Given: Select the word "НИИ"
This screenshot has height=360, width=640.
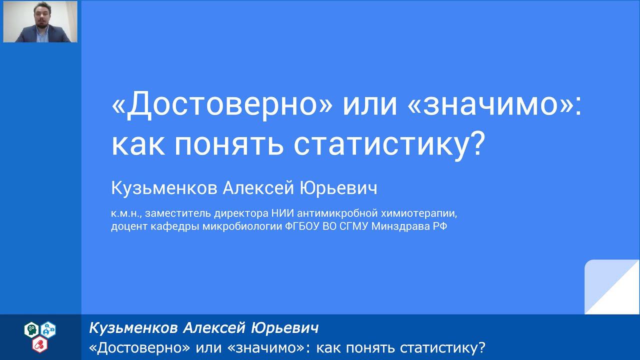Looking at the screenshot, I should (x=283, y=214).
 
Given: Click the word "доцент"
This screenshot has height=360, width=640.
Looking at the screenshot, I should (x=127, y=227).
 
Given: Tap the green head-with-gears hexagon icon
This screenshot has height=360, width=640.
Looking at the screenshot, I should (x=31, y=329).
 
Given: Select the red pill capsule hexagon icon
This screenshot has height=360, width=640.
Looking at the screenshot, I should (x=38, y=344).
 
